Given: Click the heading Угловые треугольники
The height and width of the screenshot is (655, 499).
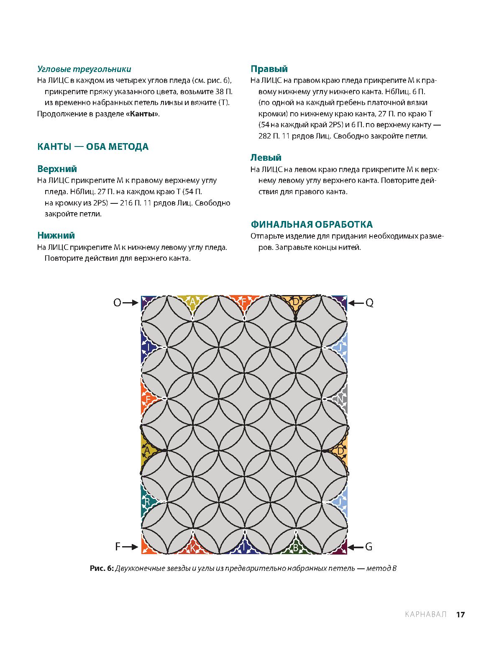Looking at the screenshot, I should tap(84, 69).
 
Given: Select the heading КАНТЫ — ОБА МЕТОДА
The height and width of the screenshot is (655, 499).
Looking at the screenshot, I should tap(93, 146).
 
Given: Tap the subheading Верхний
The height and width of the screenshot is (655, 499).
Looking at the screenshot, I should tap(57, 169).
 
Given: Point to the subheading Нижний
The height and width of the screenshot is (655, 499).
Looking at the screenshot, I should tap(56, 235).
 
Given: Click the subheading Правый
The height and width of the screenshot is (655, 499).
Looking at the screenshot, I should tap(269, 69).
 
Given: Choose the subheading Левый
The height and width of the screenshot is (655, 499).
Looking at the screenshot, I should tap(266, 158).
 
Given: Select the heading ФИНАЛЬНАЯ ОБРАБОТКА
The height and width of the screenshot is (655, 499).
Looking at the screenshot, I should tap(311, 224).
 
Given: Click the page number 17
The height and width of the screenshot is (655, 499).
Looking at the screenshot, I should tap(460, 614).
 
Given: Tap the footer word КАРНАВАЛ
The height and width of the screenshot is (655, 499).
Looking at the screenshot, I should tap(426, 614).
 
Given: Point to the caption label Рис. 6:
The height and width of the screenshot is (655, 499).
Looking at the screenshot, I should tap(102, 568).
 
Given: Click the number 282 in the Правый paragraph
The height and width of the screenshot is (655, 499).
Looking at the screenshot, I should tap(265, 136).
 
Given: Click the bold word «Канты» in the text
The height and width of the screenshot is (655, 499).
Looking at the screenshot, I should tap(142, 114).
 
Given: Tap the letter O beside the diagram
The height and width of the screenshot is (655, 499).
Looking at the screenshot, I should tap(117, 303).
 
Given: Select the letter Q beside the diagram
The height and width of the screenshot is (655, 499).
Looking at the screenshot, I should tap(369, 303).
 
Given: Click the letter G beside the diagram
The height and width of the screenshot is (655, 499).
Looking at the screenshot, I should tap(368, 547).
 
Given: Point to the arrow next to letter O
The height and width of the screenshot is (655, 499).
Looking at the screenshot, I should tap(131, 303).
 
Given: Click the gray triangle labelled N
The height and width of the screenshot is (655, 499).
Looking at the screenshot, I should tap(341, 399).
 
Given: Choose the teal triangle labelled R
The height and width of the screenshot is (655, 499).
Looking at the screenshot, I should tap(147, 501).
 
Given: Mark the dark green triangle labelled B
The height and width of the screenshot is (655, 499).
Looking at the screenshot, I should tap(296, 547).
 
